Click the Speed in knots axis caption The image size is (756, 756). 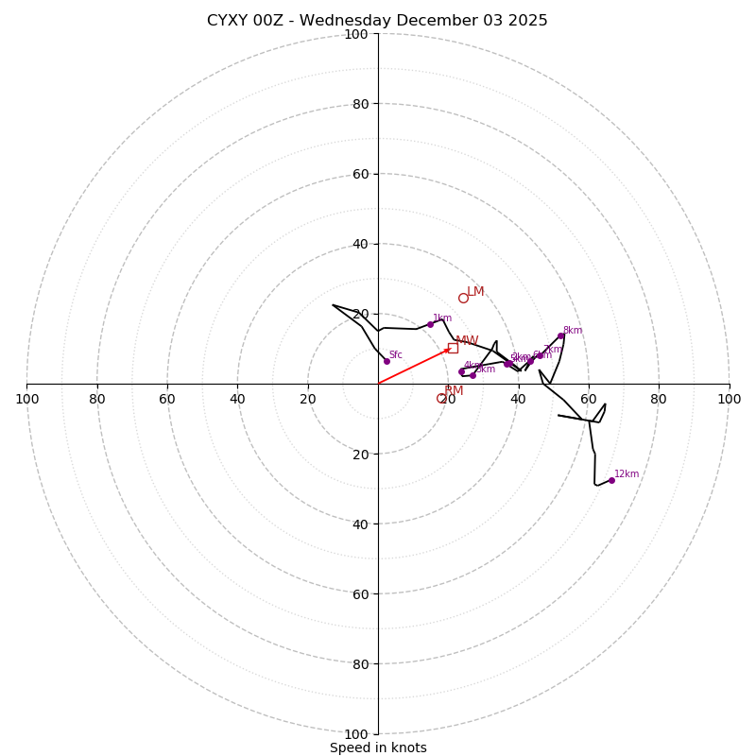pyautogui.click(x=378, y=747)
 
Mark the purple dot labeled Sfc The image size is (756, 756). pyautogui.click(x=387, y=361)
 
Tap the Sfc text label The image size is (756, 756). pyautogui.click(x=396, y=355)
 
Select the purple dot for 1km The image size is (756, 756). pyautogui.click(x=430, y=324)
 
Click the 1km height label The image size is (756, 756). pyautogui.click(x=442, y=318)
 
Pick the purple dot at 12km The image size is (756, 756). pyautogui.click(x=611, y=480)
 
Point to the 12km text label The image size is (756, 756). pyautogui.click(x=627, y=474)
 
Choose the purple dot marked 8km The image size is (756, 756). pyautogui.click(x=560, y=335)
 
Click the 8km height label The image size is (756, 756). pyautogui.click(x=573, y=331)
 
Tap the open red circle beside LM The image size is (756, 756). pyautogui.click(x=463, y=298)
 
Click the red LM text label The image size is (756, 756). pyautogui.click(x=475, y=292)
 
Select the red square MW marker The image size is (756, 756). pyautogui.click(x=453, y=348)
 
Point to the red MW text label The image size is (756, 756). pyautogui.click(x=467, y=341)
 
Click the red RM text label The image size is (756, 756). pyautogui.click(x=454, y=391)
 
